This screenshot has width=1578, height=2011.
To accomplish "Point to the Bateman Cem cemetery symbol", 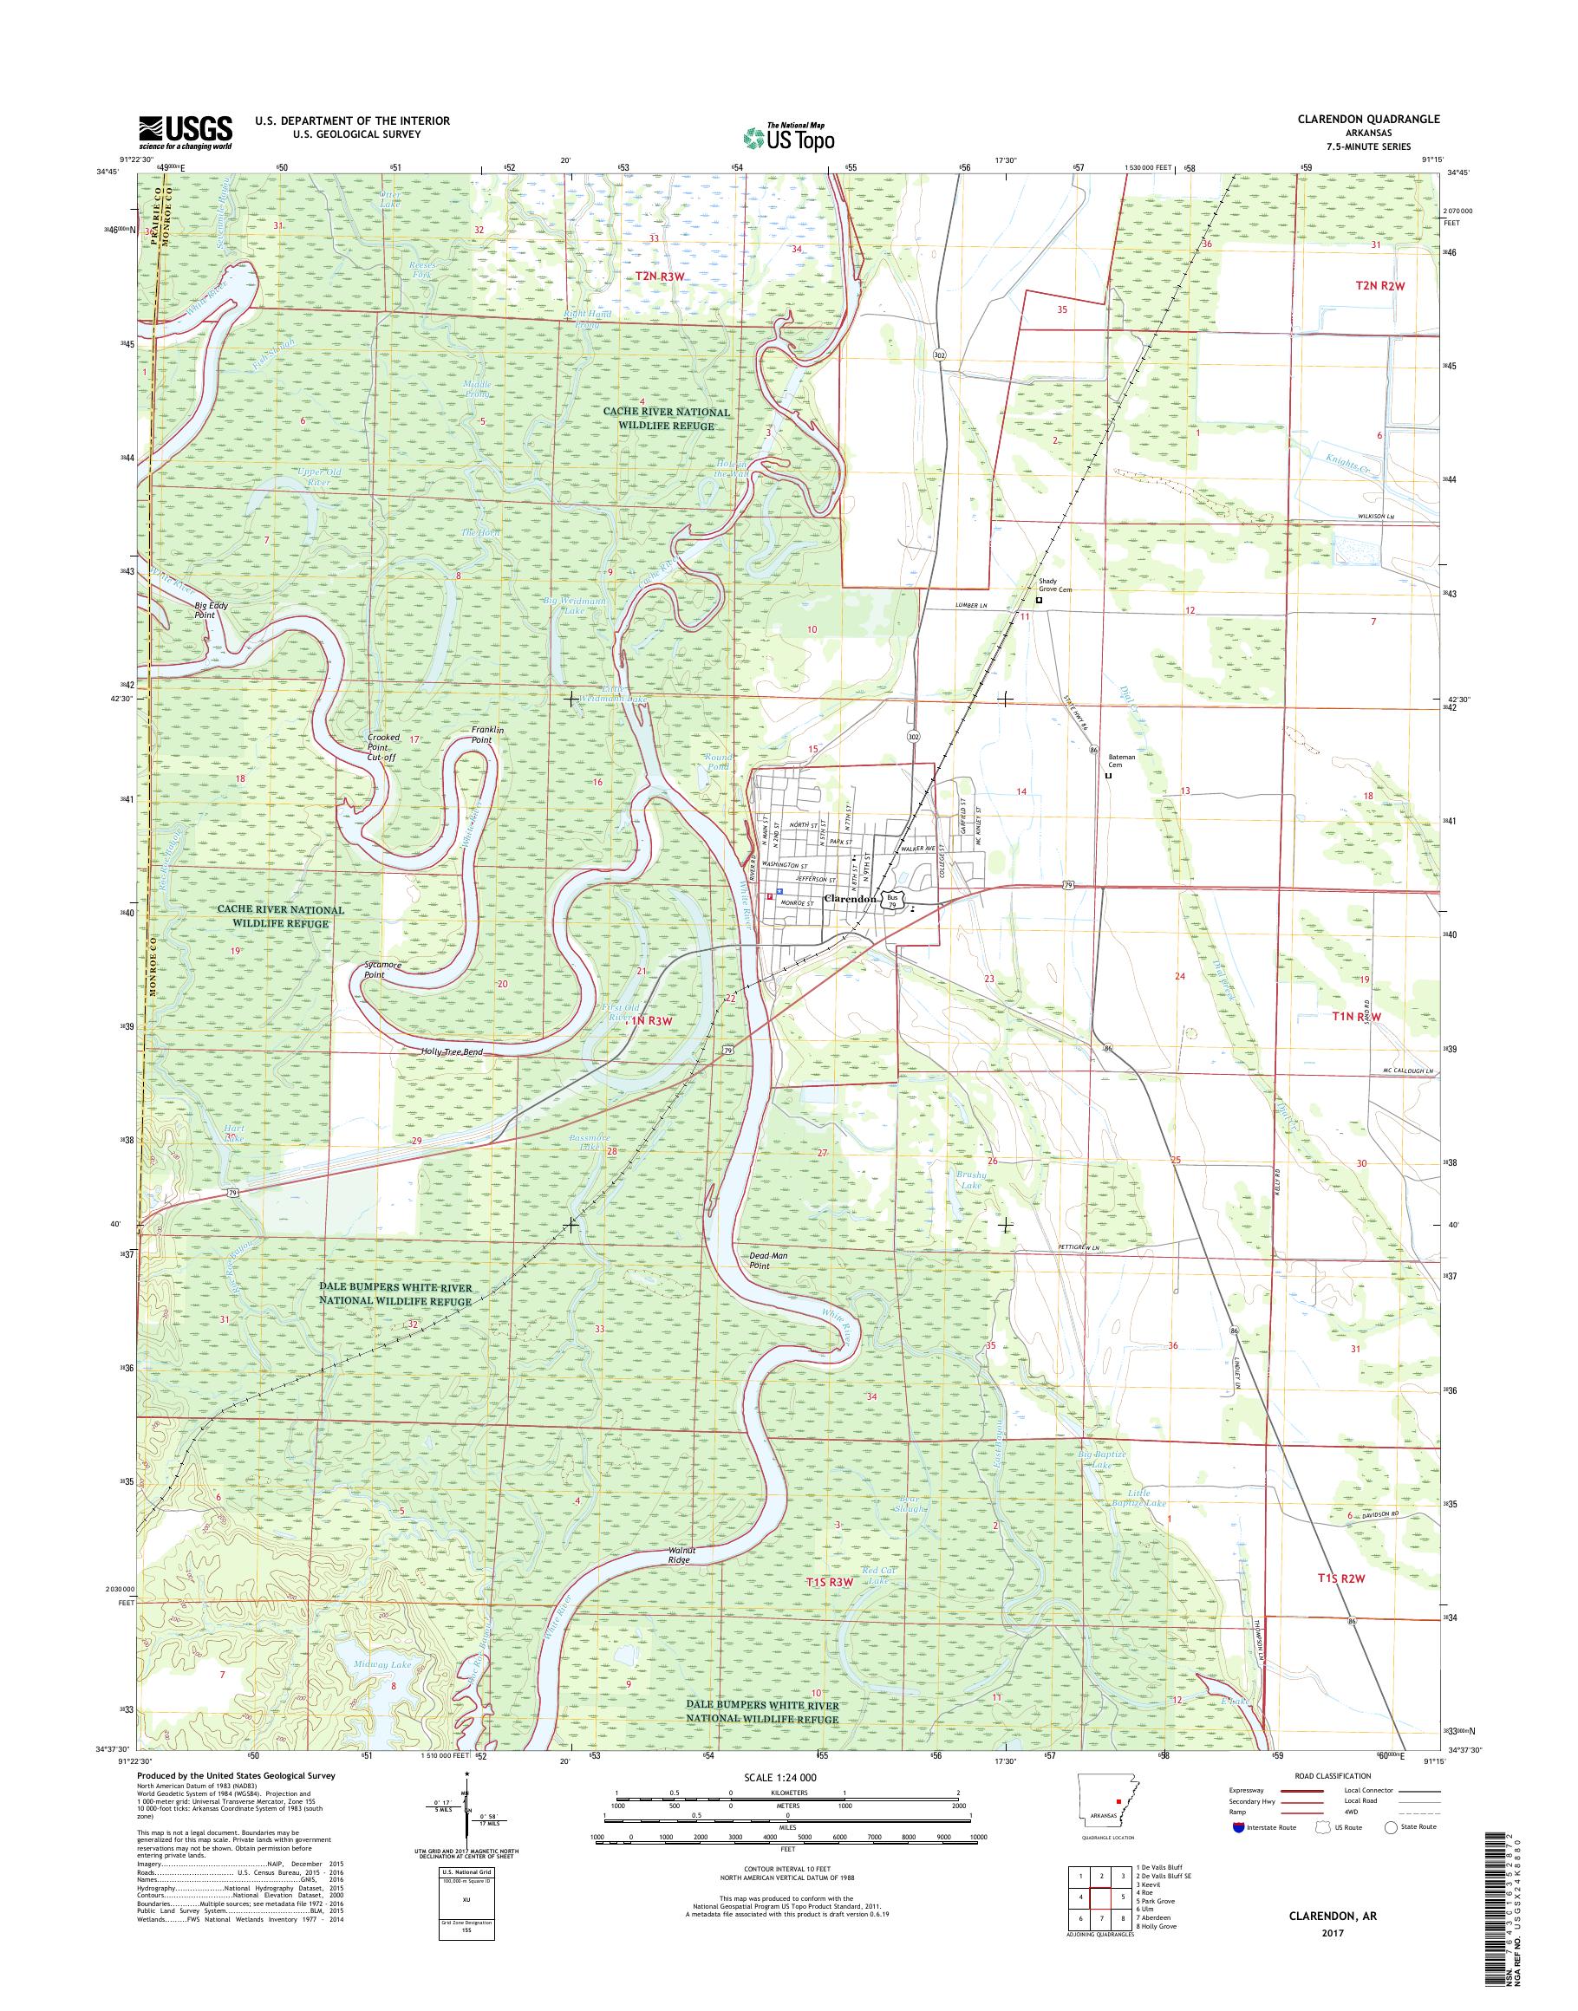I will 1109,776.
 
